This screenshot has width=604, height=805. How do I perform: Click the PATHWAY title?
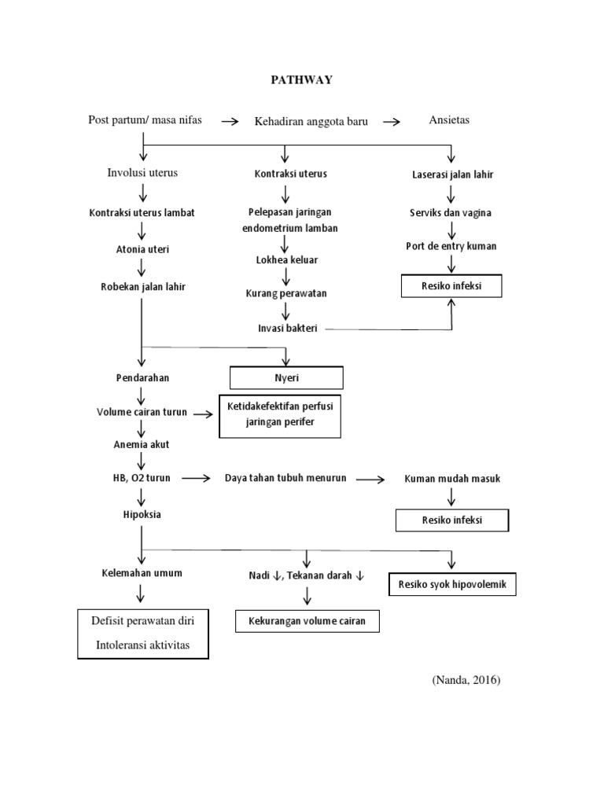click(301, 79)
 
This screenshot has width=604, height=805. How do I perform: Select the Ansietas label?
click(449, 120)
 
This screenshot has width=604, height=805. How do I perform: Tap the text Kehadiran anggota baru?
click(311, 121)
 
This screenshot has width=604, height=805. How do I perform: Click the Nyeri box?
click(285, 378)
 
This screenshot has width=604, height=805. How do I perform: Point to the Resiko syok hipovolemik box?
click(452, 585)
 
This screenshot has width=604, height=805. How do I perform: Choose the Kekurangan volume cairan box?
click(307, 620)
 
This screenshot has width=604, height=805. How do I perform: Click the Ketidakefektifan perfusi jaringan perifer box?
click(281, 416)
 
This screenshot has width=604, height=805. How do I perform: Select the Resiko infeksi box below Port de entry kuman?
click(451, 286)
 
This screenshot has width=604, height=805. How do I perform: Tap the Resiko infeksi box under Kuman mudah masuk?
click(451, 520)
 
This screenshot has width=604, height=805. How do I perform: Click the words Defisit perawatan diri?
click(142, 620)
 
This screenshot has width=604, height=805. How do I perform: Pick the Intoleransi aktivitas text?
click(142, 646)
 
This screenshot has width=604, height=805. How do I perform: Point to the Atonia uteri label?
click(142, 249)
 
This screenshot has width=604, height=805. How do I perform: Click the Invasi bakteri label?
click(288, 328)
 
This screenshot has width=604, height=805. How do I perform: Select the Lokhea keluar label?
click(286, 259)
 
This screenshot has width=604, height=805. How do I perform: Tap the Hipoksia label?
click(142, 514)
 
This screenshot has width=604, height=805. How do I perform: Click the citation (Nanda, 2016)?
click(466, 680)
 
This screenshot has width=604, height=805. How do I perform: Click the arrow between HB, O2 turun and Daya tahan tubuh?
click(197, 478)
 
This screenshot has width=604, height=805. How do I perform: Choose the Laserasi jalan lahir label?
click(453, 175)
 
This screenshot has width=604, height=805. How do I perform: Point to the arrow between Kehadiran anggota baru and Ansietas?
click(392, 122)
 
